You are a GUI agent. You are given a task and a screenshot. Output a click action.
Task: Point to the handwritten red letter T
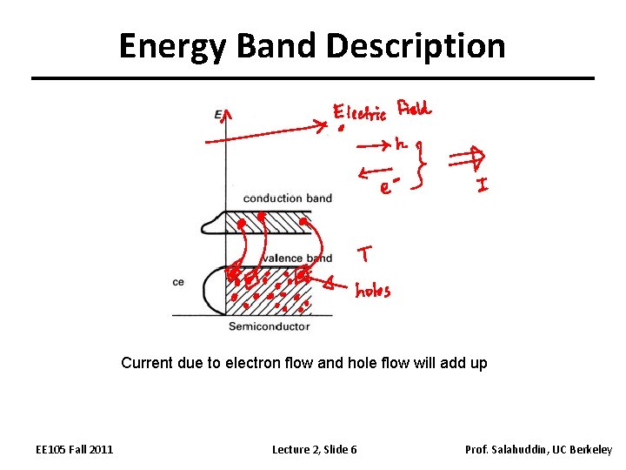point(365,254)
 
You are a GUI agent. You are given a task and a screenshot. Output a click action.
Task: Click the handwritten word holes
point(373,291)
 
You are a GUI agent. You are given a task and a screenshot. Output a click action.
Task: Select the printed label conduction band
point(288,198)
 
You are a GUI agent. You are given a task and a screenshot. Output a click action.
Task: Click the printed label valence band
point(296,258)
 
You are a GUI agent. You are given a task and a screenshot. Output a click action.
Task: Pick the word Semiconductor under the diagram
point(269,326)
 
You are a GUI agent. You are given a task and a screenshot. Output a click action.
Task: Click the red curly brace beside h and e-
point(423,165)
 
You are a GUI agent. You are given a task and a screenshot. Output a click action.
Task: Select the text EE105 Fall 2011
point(74,449)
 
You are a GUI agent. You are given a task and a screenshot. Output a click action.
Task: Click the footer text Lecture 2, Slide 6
point(314,449)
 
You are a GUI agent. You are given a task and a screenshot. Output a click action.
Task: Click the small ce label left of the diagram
point(178,282)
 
